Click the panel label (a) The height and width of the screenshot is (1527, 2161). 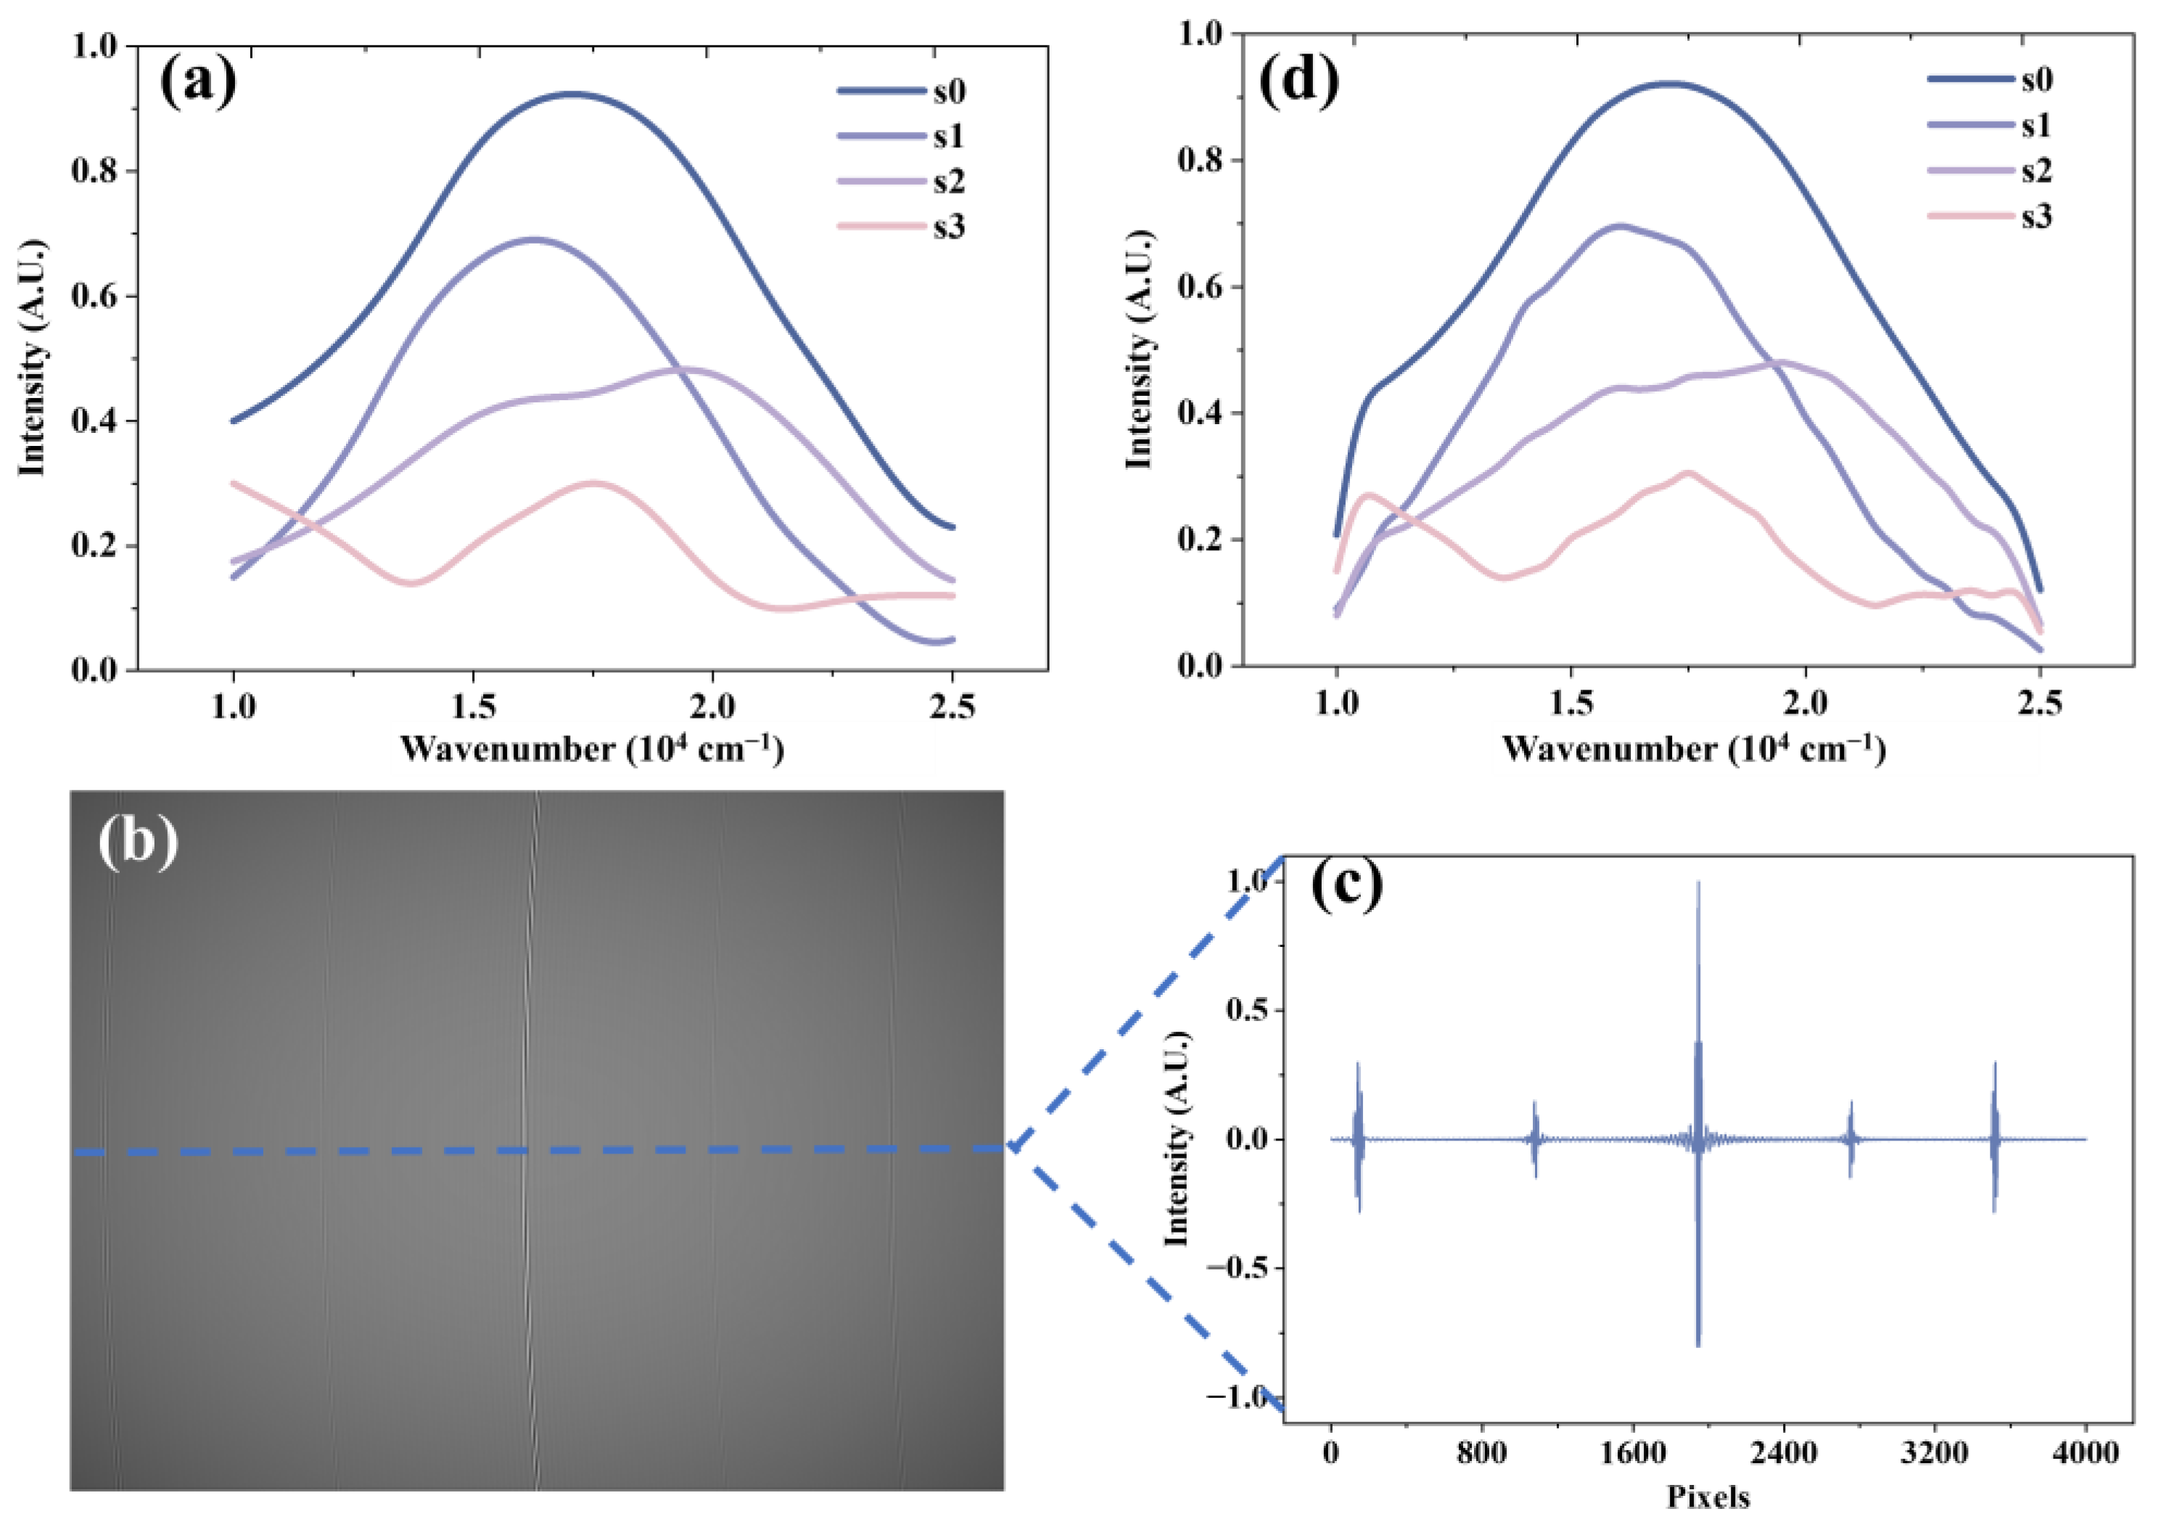(197, 82)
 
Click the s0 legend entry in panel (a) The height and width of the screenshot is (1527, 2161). (949, 91)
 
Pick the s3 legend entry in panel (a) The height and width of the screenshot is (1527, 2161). (949, 227)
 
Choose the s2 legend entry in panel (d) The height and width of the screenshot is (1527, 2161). (2037, 170)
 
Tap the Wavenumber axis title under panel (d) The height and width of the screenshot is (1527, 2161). (1694, 750)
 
